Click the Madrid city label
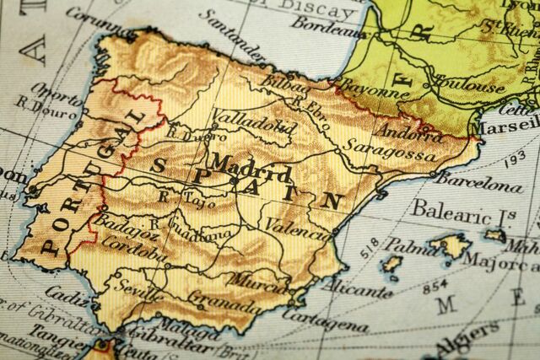click(x=250, y=168)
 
